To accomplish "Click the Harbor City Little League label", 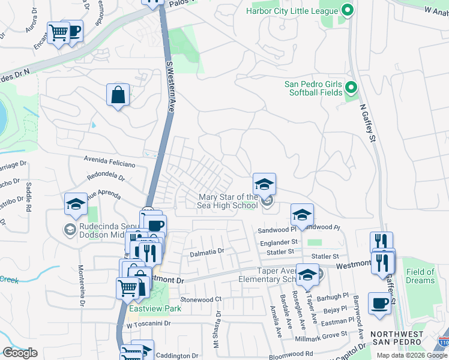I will point(292,10).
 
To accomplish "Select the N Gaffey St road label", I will point(367,123).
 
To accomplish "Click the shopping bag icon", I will point(118,95).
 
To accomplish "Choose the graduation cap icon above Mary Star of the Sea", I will point(264,184).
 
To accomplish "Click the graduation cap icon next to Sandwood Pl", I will point(303,214).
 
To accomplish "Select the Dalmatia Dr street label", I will point(206,253).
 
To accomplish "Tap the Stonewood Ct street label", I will point(201,299).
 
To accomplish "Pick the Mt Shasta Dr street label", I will point(215,330).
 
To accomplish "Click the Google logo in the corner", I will point(20,353).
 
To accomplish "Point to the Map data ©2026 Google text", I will point(411,355).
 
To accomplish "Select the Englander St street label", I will point(276,242).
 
